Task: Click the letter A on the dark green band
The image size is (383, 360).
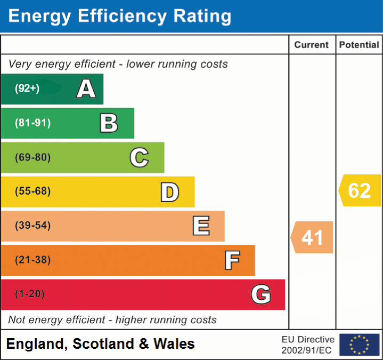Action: (x=86, y=89)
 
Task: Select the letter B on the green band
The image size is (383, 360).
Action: (x=109, y=123)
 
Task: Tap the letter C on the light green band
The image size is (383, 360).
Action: (x=139, y=158)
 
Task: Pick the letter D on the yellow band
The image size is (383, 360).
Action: (x=169, y=192)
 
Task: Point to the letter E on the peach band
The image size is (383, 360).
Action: (x=201, y=226)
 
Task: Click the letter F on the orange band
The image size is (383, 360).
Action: (x=232, y=260)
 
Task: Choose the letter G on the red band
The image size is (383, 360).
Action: (x=261, y=294)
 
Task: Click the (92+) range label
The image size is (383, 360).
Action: (x=27, y=89)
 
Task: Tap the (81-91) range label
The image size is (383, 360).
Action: (x=32, y=123)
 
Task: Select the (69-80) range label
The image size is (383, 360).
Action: (x=32, y=158)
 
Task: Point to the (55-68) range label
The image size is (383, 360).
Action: (x=32, y=191)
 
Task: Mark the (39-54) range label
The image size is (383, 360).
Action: (x=32, y=226)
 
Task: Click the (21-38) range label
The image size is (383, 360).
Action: (x=32, y=260)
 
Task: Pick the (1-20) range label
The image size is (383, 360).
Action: (x=30, y=294)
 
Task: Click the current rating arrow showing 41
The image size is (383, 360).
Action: (x=312, y=237)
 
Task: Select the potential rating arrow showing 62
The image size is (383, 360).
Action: (x=360, y=190)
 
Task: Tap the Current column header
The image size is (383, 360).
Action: (x=312, y=45)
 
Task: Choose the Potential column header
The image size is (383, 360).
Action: (x=359, y=45)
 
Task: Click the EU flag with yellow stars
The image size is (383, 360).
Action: (x=359, y=345)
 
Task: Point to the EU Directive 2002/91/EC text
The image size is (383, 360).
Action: (x=308, y=345)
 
